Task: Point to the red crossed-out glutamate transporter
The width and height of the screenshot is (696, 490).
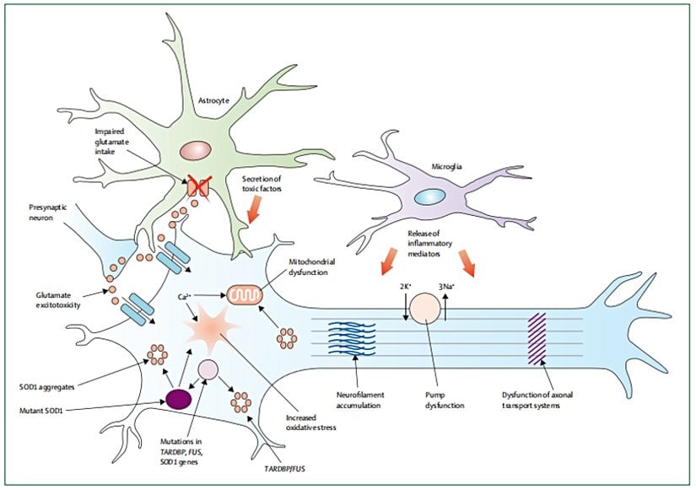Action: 199,187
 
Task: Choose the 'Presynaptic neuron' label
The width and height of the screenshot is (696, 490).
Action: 46,233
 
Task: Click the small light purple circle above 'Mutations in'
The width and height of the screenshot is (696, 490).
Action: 208,369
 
